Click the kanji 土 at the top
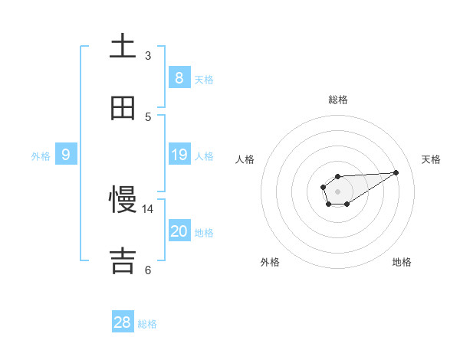pyautogui.click(x=123, y=46)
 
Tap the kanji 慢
pyautogui.click(x=123, y=201)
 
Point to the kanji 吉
pyautogui.click(x=123, y=261)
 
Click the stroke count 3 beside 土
pyautogui.click(x=148, y=56)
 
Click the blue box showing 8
pyautogui.click(x=179, y=77)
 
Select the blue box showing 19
pyautogui.click(x=179, y=155)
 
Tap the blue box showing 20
pyautogui.click(x=179, y=231)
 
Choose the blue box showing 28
pyautogui.click(x=123, y=322)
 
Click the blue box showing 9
pyautogui.click(x=66, y=155)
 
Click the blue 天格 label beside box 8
pyautogui.click(x=204, y=80)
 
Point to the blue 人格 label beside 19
pyautogui.click(x=204, y=156)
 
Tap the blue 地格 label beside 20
pyautogui.click(x=204, y=233)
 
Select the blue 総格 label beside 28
pyautogui.click(x=147, y=324)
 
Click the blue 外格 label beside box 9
pyautogui.click(x=41, y=156)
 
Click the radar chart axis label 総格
pyautogui.click(x=338, y=100)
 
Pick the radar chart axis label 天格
pyautogui.click(x=432, y=159)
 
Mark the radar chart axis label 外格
pyautogui.click(x=270, y=262)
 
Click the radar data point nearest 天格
pyautogui.click(x=396, y=172)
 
